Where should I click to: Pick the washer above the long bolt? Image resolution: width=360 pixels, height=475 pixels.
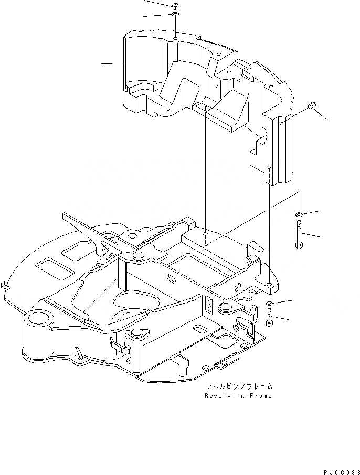(x=298, y=214)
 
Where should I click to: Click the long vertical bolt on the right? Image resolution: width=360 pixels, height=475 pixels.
(x=298, y=234)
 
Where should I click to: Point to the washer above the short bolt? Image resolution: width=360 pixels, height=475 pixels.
(x=269, y=304)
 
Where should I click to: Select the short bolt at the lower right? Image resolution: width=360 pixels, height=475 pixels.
(x=269, y=317)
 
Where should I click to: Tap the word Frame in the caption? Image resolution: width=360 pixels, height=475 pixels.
(x=261, y=396)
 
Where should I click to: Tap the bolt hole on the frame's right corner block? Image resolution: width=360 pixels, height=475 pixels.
(x=269, y=284)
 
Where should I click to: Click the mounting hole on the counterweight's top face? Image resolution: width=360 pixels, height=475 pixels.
(x=174, y=38)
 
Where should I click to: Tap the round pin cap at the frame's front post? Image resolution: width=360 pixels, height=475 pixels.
(x=139, y=332)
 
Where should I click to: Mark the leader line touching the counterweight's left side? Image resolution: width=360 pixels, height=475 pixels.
(x=112, y=64)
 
